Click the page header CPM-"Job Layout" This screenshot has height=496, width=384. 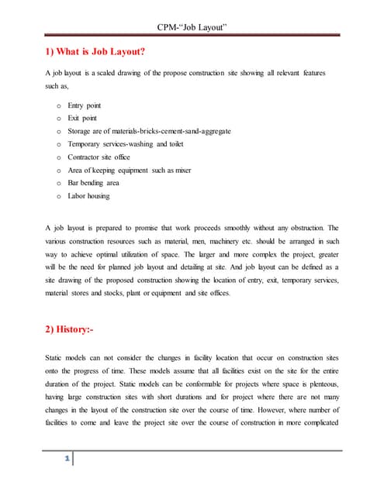click(192, 29)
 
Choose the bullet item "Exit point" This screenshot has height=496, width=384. click(81, 118)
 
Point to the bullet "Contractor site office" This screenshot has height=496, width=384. click(99, 157)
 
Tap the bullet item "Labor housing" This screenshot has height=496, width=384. click(88, 196)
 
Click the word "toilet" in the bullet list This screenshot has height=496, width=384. click(178, 144)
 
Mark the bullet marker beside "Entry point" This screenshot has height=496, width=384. click(59, 105)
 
